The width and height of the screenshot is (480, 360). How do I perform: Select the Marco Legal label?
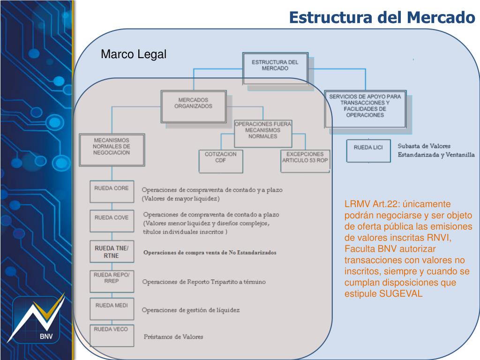pyautogui.click(x=134, y=55)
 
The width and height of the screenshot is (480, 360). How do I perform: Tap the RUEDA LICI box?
pyautogui.click(x=368, y=150)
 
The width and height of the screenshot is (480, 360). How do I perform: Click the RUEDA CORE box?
pyautogui.click(x=111, y=191)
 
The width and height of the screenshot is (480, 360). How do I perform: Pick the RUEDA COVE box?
pyautogui.click(x=111, y=220)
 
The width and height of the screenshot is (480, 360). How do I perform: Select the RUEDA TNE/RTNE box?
pyautogui.click(x=111, y=252)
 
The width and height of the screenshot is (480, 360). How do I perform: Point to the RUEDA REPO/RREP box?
pyautogui.click(x=111, y=280)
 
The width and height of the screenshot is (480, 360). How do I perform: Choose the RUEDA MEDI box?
pyautogui.click(x=111, y=309)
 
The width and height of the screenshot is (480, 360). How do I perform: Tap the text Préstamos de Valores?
pyautogui.click(x=173, y=337)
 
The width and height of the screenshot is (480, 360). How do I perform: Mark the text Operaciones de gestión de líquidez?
pyautogui.click(x=190, y=310)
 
